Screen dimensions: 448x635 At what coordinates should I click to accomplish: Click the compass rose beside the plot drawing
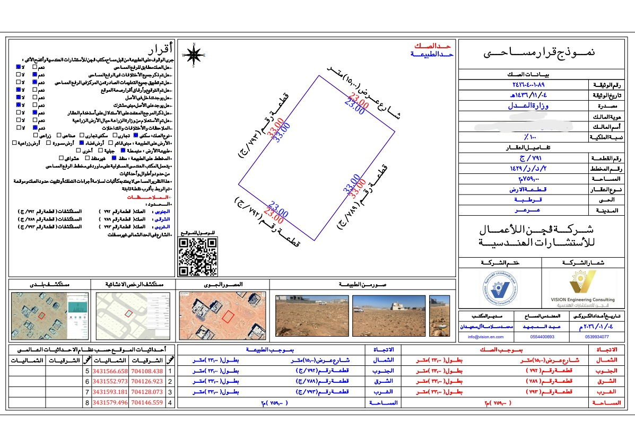[x=195, y=55]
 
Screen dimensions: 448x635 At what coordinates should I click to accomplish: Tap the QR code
[x=198, y=257]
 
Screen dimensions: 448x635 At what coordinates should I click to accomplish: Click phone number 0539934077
[x=597, y=337]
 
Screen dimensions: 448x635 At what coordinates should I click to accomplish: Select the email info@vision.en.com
[x=485, y=337]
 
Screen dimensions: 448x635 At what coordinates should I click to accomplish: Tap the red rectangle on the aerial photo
[x=228, y=317]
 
